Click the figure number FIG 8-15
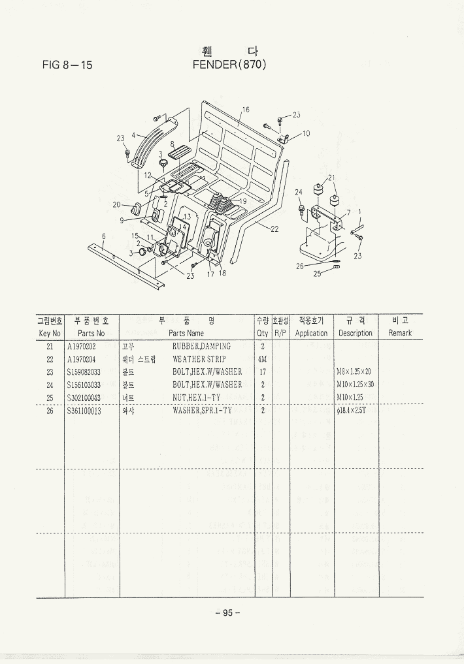(67, 65)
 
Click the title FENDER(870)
(230, 65)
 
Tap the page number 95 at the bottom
(228, 612)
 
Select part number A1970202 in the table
(82, 347)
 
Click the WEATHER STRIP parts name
(199, 359)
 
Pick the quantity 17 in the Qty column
(262, 372)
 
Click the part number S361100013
(84, 411)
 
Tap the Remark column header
(400, 333)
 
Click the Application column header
(311, 333)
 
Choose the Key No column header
(50, 333)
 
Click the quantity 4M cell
(262, 359)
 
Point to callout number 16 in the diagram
(246, 110)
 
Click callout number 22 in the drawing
(274, 229)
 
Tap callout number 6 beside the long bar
(103, 236)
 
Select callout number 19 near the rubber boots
(242, 201)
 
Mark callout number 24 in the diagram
(299, 192)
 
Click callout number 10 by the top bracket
(306, 134)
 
